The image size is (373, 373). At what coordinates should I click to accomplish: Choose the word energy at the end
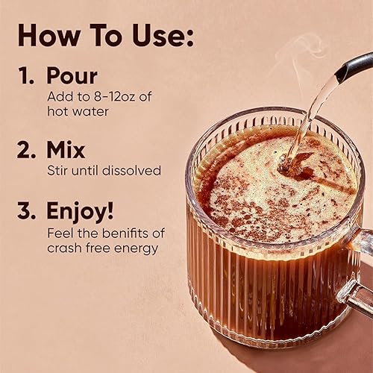(139, 248)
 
